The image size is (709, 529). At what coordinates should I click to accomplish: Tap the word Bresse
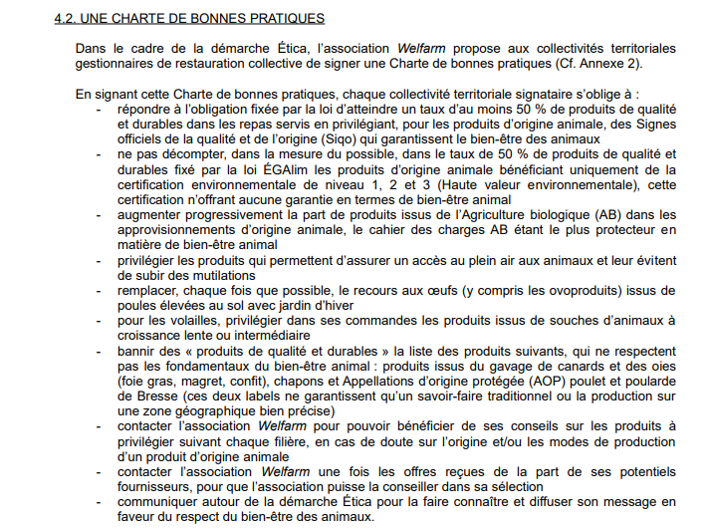pos(140,397)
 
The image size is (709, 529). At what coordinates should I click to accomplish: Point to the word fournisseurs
pos(154,487)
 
